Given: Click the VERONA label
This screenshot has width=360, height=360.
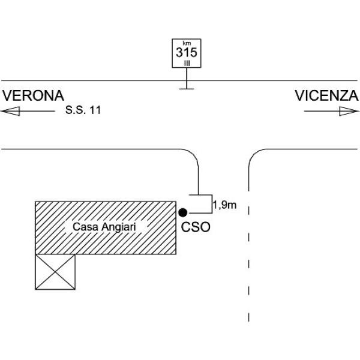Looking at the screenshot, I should [x=34, y=96].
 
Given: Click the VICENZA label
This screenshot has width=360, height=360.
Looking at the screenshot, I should [x=326, y=96].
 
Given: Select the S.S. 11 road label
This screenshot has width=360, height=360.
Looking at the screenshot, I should [x=83, y=111].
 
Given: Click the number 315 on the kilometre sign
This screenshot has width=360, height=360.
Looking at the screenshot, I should [x=187, y=52].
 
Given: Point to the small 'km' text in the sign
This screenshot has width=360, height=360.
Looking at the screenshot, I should [x=187, y=43].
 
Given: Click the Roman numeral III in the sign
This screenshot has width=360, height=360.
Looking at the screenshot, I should [x=187, y=62].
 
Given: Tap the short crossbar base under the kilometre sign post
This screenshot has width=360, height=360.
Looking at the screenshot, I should [x=187, y=89].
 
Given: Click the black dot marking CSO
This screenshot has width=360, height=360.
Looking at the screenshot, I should [x=184, y=212].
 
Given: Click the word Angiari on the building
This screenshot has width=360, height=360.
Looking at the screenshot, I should [x=118, y=227].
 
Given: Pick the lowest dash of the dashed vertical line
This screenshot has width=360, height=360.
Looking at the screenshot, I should [x=249, y=317].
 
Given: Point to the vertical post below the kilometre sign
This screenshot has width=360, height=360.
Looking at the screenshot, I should [x=187, y=78].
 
